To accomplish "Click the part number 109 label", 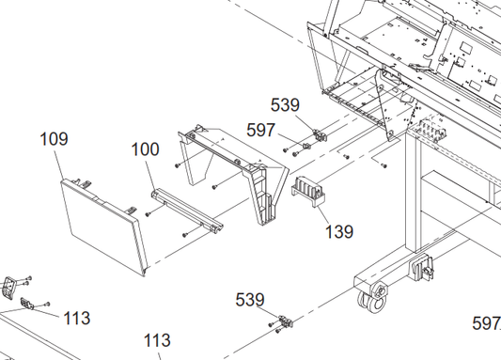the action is [54, 139].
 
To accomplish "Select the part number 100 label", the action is [145, 149].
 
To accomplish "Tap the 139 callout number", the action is [339, 232].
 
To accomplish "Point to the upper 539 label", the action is [285, 105].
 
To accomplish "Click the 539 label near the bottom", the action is [250, 300].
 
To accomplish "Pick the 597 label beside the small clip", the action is [260, 130].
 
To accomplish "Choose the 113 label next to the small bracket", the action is [77, 318].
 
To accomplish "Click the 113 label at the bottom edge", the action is [157, 340].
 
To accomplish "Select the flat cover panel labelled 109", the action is [104, 227].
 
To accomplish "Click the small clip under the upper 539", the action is [320, 134].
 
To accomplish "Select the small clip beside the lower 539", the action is [286, 321].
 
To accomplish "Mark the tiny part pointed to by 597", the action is [306, 147].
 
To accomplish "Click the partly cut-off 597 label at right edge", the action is [486, 323].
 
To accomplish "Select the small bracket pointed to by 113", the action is [27, 304].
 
